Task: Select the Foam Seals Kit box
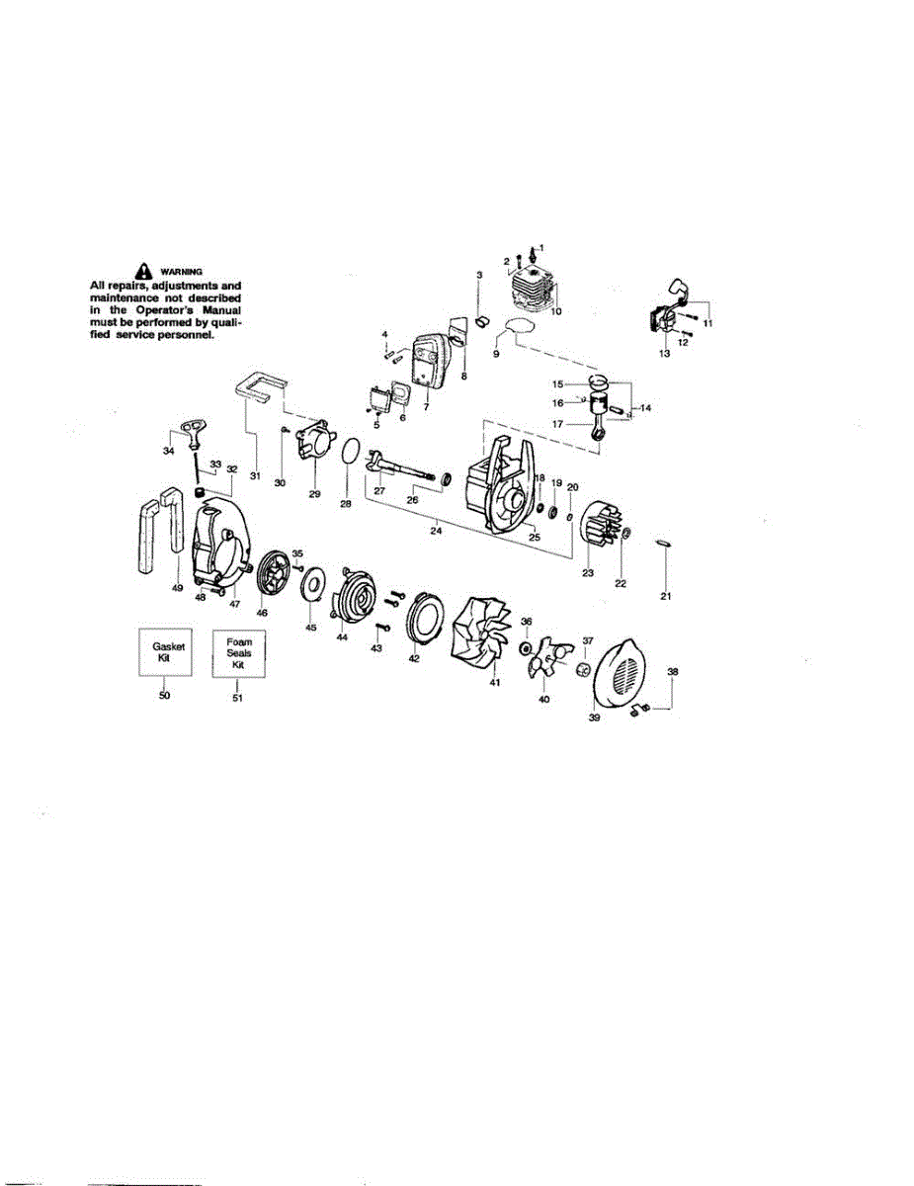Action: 237,652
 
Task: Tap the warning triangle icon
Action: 144,268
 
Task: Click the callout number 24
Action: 436,529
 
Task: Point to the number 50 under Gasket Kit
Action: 164,695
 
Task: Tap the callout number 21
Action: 665,596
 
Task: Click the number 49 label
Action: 177,588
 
